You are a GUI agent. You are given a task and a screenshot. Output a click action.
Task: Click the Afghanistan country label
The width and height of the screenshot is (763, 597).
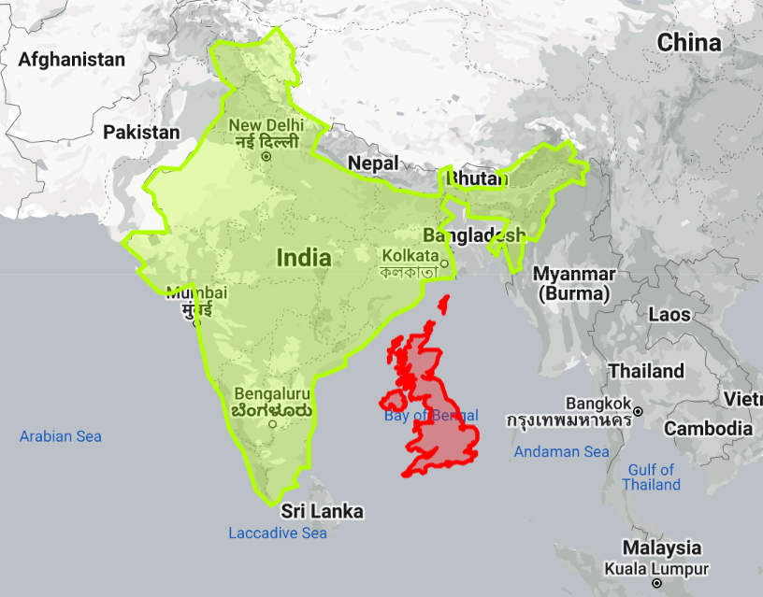click(72, 60)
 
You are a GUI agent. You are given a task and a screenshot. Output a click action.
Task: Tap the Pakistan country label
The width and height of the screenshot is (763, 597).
click(141, 133)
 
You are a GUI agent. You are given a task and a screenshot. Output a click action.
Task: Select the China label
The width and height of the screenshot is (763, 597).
click(689, 42)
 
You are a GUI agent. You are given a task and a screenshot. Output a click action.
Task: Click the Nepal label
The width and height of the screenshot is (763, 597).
click(373, 163)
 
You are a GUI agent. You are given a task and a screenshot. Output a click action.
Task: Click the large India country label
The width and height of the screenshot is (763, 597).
click(304, 257)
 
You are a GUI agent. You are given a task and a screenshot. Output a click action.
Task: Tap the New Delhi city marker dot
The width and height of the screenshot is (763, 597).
click(266, 157)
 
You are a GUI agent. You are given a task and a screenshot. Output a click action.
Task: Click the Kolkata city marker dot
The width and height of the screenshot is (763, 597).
click(445, 263)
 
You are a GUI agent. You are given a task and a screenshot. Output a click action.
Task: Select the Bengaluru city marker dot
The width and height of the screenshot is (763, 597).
click(272, 424)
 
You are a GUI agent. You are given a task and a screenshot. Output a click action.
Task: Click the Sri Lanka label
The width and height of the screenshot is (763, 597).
click(323, 511)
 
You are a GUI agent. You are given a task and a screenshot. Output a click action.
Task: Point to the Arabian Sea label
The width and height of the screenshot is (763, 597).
click(61, 436)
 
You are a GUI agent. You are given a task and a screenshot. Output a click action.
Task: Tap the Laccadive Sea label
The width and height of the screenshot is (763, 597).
click(278, 533)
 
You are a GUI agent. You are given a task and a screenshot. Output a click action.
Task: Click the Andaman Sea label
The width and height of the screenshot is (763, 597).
click(561, 452)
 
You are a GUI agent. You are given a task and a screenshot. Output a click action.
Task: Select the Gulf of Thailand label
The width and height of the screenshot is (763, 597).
click(652, 477)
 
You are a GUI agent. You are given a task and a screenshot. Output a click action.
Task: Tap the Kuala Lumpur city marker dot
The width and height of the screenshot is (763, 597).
click(657, 583)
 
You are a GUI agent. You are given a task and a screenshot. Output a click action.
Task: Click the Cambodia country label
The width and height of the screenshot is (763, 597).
click(708, 428)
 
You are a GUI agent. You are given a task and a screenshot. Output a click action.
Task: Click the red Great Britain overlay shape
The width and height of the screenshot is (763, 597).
click(439, 420)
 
